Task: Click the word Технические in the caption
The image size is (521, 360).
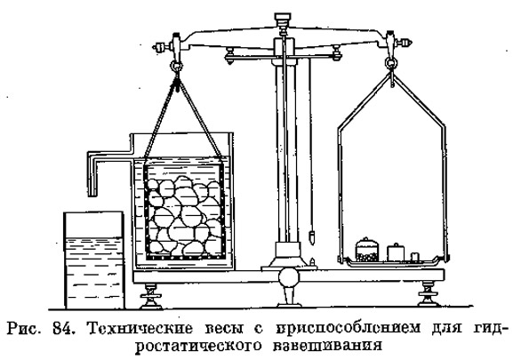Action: (140, 329)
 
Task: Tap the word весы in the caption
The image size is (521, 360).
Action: (223, 329)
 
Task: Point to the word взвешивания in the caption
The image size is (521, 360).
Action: (327, 346)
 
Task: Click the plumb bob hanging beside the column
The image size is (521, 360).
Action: (312, 238)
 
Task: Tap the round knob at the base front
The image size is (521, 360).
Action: (288, 278)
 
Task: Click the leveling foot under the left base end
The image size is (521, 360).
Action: (150, 296)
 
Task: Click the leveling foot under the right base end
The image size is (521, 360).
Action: (428, 293)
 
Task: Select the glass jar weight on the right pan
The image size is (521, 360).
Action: (367, 250)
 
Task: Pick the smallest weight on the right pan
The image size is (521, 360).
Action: (414, 258)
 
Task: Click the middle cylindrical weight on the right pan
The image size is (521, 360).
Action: (396, 252)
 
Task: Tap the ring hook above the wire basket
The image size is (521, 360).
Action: (176, 66)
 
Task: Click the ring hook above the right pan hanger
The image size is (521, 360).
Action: (391, 63)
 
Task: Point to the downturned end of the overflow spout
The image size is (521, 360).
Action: (93, 193)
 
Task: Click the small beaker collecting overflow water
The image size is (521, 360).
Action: (94, 260)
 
